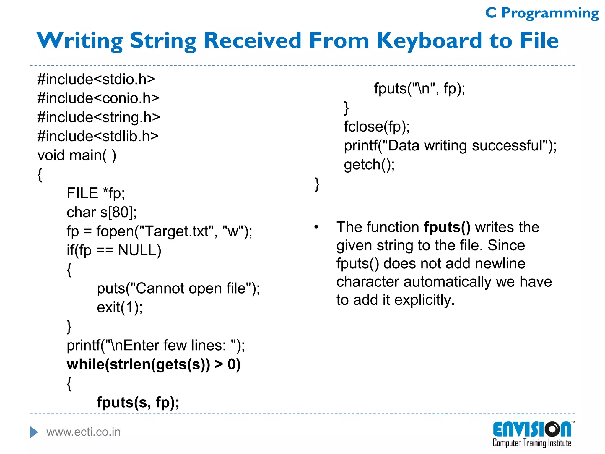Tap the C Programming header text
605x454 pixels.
[542, 13]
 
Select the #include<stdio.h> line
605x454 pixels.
[96, 80]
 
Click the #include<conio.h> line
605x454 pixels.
[98, 98]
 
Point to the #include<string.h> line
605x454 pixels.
[98, 118]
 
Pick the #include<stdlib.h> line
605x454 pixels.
[98, 137]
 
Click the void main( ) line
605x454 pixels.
[77, 155]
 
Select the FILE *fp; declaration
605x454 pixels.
[96, 194]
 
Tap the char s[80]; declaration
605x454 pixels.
[102, 213]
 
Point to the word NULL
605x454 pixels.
[139, 250]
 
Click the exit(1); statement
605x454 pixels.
[120, 308]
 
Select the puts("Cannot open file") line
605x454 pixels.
[178, 288]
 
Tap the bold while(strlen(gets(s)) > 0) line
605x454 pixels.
[154, 364]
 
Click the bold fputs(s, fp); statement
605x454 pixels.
[138, 403]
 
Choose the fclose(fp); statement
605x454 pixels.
[377, 127]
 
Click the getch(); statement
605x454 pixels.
[369, 165]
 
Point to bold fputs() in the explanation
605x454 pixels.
[447, 227]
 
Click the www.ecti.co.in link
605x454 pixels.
[84, 432]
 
